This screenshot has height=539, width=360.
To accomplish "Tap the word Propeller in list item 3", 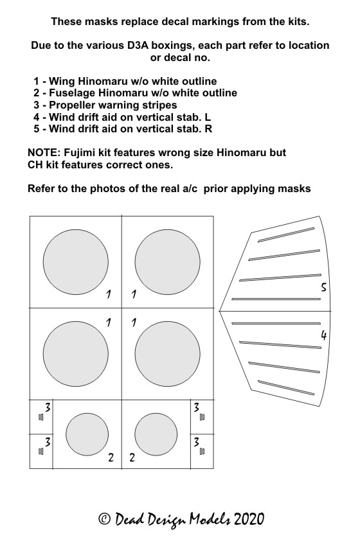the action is [x=72, y=105].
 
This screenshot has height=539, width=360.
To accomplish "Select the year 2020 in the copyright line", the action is [x=249, y=519].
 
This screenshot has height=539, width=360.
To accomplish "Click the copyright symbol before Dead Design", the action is [x=104, y=519].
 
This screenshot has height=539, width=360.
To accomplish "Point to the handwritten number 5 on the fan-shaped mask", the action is [x=323, y=287].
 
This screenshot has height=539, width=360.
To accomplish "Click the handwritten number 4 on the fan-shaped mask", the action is [x=323, y=335].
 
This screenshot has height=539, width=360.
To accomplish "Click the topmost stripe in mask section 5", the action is [x=286, y=234].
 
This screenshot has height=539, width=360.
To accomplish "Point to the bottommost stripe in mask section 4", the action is [x=286, y=388].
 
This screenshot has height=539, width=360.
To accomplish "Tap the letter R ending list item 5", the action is [x=208, y=129].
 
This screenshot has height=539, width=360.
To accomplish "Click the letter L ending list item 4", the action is [x=208, y=117].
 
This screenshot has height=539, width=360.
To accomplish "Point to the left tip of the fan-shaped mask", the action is [x=219, y=312].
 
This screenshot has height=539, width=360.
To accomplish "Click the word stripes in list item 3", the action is [x=159, y=105].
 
